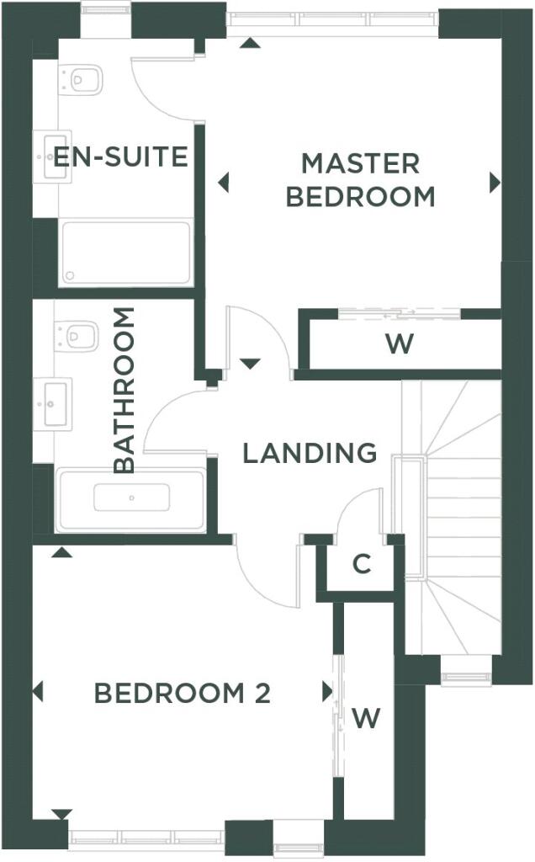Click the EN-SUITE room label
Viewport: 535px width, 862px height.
point(121,157)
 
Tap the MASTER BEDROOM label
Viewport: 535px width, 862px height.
point(361,180)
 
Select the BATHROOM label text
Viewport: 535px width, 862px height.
point(124,391)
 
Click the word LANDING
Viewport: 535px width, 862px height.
point(310,453)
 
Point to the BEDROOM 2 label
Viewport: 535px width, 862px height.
point(183,694)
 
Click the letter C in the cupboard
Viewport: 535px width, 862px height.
point(362,564)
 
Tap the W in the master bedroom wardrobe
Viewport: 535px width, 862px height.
point(400,344)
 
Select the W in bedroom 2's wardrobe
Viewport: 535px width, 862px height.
point(366,718)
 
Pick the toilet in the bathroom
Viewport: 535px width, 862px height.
point(77,335)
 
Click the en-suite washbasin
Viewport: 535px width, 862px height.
point(52,156)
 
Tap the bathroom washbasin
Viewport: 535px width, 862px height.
point(52,404)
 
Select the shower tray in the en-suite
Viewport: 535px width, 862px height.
point(126,253)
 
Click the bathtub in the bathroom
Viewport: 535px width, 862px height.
point(130,500)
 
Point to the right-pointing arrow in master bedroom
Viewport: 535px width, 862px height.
point(495,183)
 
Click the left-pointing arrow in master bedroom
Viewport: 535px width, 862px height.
point(223,182)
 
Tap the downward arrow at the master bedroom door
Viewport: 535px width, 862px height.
point(250,364)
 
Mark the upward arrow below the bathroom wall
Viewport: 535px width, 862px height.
point(61,552)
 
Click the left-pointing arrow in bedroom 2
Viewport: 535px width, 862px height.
point(37,692)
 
